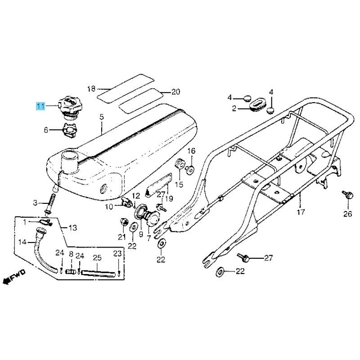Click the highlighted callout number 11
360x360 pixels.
click(x=41, y=106)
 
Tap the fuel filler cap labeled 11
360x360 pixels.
click(x=70, y=107)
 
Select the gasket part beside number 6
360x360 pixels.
click(x=69, y=130)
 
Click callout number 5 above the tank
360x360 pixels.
click(x=102, y=117)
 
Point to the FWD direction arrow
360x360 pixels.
click(x=14, y=278)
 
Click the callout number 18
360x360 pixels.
click(x=91, y=89)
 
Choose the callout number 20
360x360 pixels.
click(x=175, y=92)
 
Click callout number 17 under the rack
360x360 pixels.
click(x=301, y=212)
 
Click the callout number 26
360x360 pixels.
click(x=347, y=214)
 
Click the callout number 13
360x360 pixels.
click(x=73, y=228)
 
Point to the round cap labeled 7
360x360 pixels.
click(x=152, y=218)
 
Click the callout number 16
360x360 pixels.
click(x=191, y=151)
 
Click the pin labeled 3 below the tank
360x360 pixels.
click(x=51, y=202)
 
